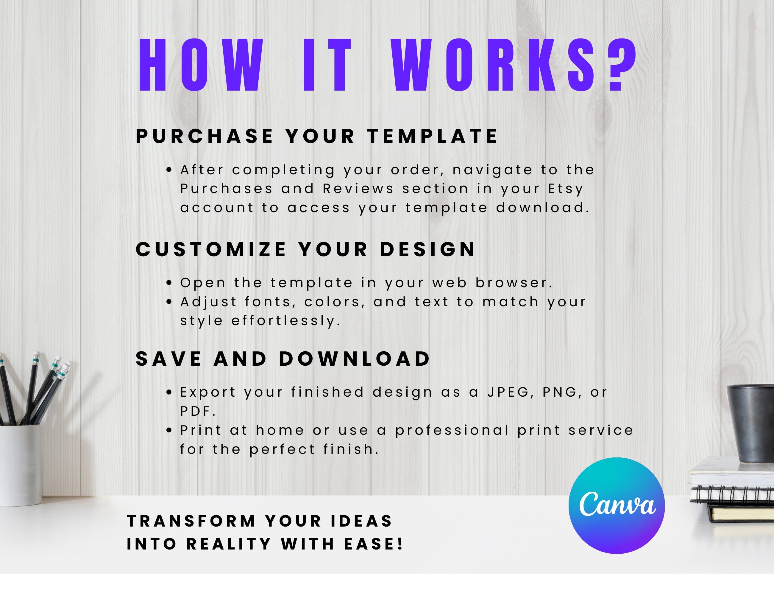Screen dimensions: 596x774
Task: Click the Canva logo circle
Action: coord(616,505)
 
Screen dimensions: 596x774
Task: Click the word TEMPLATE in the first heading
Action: coord(432,136)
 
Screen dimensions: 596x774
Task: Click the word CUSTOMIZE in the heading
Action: coord(211,249)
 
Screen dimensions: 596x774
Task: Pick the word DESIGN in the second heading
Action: coord(427,249)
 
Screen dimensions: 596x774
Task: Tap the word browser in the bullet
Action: coord(514,283)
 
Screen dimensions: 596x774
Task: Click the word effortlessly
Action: coord(286,320)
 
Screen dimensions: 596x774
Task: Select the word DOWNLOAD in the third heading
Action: coord(354,359)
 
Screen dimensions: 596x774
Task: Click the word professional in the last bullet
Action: coord(452,430)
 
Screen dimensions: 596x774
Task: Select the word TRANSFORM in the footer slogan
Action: coord(191,521)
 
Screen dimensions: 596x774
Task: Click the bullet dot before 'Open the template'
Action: coord(169,283)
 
